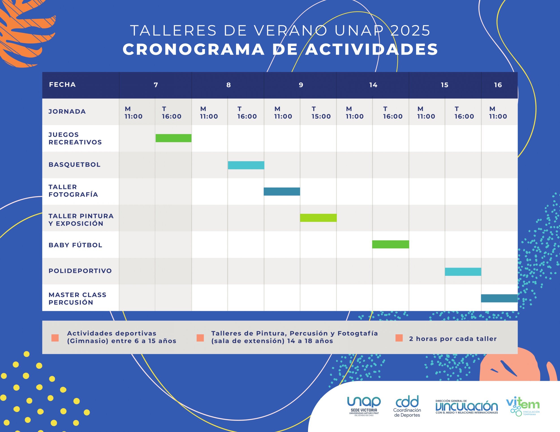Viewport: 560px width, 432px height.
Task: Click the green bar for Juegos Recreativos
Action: tap(173, 138)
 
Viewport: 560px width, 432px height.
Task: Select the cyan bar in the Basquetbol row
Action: tap(246, 165)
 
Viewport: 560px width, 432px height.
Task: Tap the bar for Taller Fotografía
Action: tap(282, 192)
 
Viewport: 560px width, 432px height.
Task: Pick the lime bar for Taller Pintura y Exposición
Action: tap(318, 218)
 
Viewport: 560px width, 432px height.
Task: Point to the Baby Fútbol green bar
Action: tap(390, 244)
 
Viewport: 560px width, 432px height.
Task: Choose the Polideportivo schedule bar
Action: tap(463, 272)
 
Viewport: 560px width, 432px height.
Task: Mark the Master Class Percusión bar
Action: tap(499, 298)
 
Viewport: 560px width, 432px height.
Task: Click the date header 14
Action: tap(373, 85)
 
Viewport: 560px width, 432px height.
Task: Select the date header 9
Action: tap(301, 85)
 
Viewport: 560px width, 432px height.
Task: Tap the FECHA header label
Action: tap(62, 85)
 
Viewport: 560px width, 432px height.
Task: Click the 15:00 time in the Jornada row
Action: tap(321, 117)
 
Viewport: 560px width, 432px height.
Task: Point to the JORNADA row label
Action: tap(67, 112)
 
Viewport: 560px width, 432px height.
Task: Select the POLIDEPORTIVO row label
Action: tap(80, 271)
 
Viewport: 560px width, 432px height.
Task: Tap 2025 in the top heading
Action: tap(410, 30)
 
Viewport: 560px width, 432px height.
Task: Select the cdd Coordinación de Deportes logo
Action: tap(407, 406)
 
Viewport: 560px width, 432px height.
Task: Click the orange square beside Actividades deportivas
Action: tap(55, 338)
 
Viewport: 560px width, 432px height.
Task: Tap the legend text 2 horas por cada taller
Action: tap(453, 339)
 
